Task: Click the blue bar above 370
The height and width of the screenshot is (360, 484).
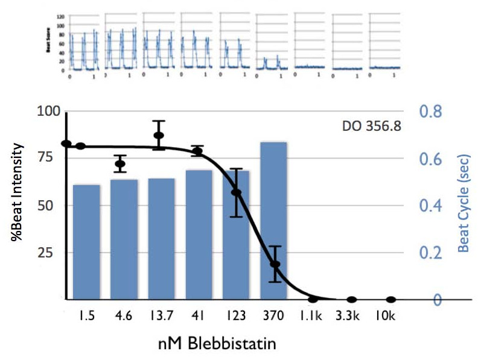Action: [273, 220]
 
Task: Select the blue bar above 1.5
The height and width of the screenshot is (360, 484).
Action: [86, 242]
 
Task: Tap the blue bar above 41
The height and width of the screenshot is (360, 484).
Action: [199, 235]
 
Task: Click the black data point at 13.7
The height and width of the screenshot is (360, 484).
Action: [159, 135]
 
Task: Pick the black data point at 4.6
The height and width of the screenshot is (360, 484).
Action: [120, 164]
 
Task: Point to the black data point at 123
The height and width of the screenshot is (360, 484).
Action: [236, 192]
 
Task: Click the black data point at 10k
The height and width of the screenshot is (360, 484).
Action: [391, 300]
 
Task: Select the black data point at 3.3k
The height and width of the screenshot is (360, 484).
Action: [352, 300]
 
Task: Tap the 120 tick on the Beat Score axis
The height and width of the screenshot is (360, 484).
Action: [59, 17]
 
